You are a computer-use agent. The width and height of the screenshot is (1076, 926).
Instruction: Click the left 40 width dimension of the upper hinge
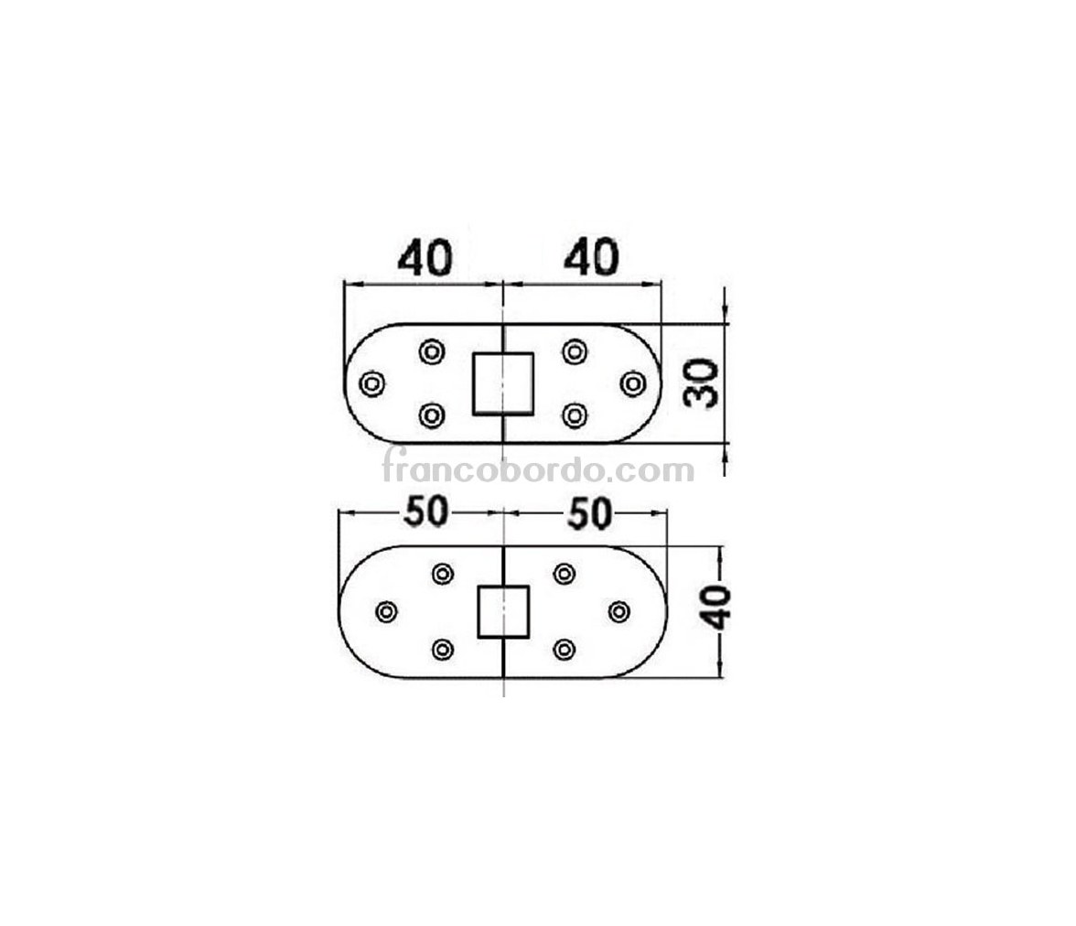click(x=425, y=257)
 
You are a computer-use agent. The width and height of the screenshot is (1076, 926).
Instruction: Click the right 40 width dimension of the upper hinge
click(x=591, y=257)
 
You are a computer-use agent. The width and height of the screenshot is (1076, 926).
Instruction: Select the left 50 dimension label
click(x=426, y=512)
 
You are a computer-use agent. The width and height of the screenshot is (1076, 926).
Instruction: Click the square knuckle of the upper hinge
click(x=503, y=383)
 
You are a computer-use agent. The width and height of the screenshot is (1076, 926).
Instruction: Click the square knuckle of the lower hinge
click(x=503, y=611)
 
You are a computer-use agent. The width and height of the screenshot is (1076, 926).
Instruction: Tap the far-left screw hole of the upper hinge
click(x=371, y=383)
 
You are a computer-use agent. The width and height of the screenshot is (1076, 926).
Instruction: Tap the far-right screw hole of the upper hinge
click(x=633, y=383)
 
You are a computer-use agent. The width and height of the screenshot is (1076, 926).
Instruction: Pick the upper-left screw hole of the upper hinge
click(x=432, y=352)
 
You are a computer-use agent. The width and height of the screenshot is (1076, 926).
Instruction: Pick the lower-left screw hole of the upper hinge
click(x=432, y=415)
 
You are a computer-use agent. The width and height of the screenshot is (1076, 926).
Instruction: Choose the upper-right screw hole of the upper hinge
click(x=575, y=351)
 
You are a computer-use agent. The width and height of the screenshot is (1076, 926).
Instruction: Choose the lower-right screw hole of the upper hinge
click(x=575, y=415)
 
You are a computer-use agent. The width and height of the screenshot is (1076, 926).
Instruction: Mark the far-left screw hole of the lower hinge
click(x=387, y=611)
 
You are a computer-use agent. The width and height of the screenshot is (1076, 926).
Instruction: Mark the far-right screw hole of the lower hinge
click(x=619, y=611)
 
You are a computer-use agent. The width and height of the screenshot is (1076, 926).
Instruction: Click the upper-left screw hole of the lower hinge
click(x=443, y=573)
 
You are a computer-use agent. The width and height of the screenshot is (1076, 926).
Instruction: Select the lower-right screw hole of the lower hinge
click(x=564, y=649)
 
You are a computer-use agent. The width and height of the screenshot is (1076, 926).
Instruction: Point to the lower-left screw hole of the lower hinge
click(x=443, y=649)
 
